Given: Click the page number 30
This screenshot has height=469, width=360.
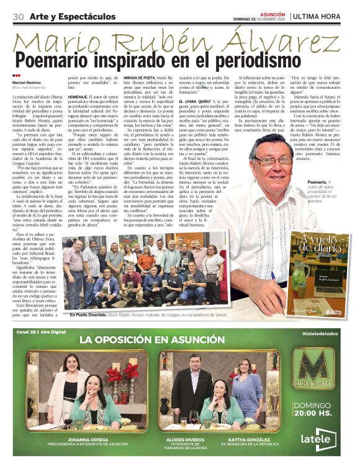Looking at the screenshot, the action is [18, 16].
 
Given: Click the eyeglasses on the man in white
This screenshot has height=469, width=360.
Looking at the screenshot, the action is [273, 161].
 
